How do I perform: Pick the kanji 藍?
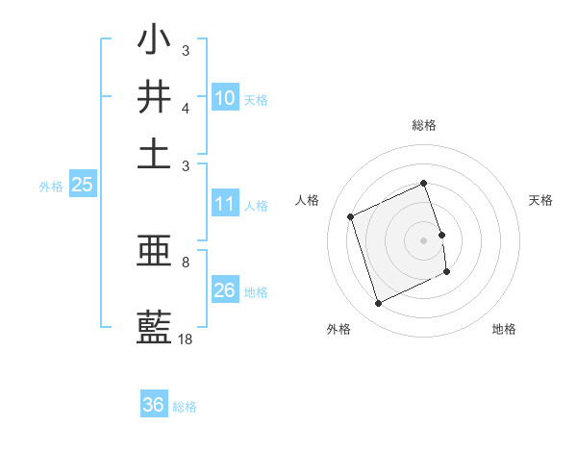pos(154,328)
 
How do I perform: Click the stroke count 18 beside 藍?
pos(186,339)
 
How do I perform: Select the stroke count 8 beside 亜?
pos(186,262)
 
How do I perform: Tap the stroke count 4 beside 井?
pos(186,108)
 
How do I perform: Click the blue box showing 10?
pos(225,98)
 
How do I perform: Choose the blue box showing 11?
pos(225,204)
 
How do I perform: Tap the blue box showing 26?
pos(225,290)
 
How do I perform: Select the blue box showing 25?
pos(83,185)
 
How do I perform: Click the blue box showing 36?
pos(154,405)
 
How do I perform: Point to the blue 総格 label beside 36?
pos(185,407)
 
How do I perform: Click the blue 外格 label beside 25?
pos(51,187)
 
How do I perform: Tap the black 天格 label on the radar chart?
pos(540,200)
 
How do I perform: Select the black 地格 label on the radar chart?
pos(504,329)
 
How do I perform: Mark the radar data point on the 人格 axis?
pos(351,216)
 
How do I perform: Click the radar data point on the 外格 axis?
pos(378,304)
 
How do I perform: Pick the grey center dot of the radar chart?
pos(424,239)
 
